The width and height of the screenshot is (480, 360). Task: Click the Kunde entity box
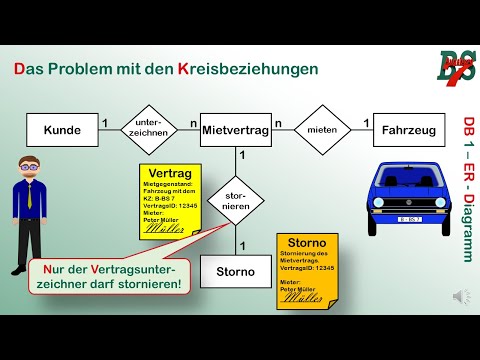click(61, 130)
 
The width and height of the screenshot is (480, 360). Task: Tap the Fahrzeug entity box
click(409, 130)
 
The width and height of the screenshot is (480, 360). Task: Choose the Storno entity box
click(236, 270)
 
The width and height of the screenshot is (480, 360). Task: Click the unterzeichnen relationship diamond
click(149, 130)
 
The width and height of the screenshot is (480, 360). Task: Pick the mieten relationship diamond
click(322, 130)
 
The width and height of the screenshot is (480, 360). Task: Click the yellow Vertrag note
click(169, 200)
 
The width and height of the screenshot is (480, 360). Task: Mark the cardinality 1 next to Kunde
click(104, 123)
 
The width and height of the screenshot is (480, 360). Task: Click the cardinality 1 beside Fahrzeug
click(366, 123)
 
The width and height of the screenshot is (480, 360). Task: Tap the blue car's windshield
click(409, 183)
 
